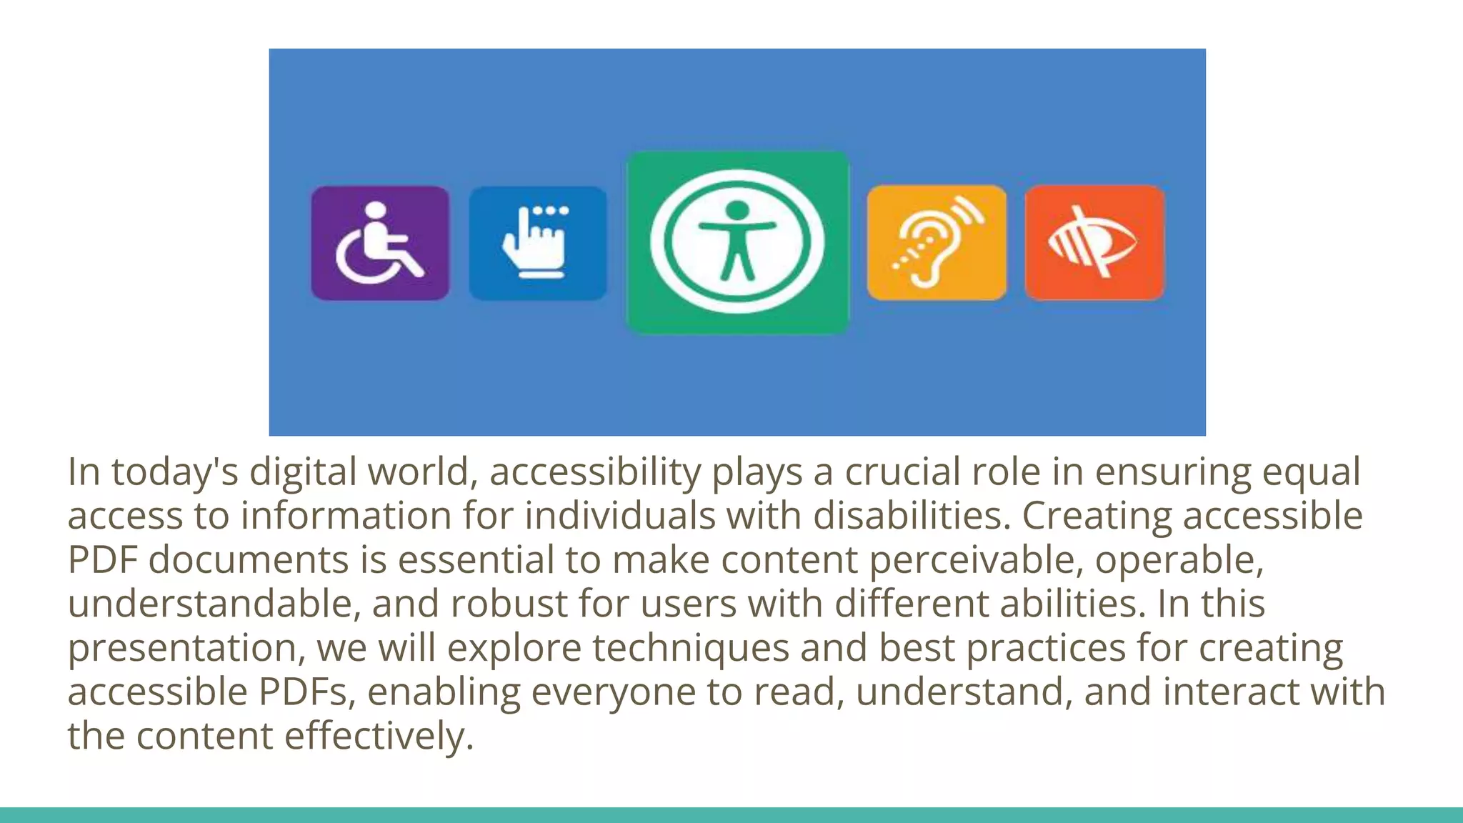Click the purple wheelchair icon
click(x=380, y=243)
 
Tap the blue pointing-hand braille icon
click(x=537, y=243)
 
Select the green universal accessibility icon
click(x=737, y=242)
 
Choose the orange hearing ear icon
click(x=937, y=243)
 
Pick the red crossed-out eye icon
click(x=1094, y=243)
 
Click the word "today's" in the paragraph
click(x=174, y=472)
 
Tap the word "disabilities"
click(x=911, y=516)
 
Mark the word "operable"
click(x=1178, y=560)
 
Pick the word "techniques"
click(x=690, y=648)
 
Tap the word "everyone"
click(x=613, y=692)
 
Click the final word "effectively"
click(x=379, y=737)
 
